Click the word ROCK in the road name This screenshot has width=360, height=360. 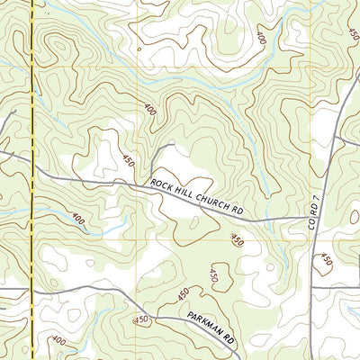pyautogui.click(x=162, y=184)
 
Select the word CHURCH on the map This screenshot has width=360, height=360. pyautogui.click(x=211, y=202)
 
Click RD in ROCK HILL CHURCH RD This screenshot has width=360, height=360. pyautogui.click(x=238, y=211)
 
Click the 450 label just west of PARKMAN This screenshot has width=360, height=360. pyautogui.click(x=141, y=319)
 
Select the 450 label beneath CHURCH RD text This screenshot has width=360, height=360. pyautogui.click(x=237, y=239)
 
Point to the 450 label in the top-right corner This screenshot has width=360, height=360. pyautogui.click(x=348, y=27)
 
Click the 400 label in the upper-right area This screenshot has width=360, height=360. pyautogui.click(x=260, y=39)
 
